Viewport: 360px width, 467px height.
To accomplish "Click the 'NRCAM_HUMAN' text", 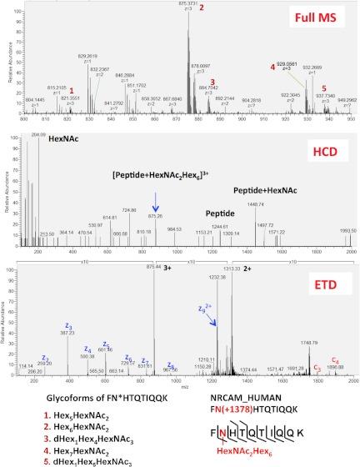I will [267, 399].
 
